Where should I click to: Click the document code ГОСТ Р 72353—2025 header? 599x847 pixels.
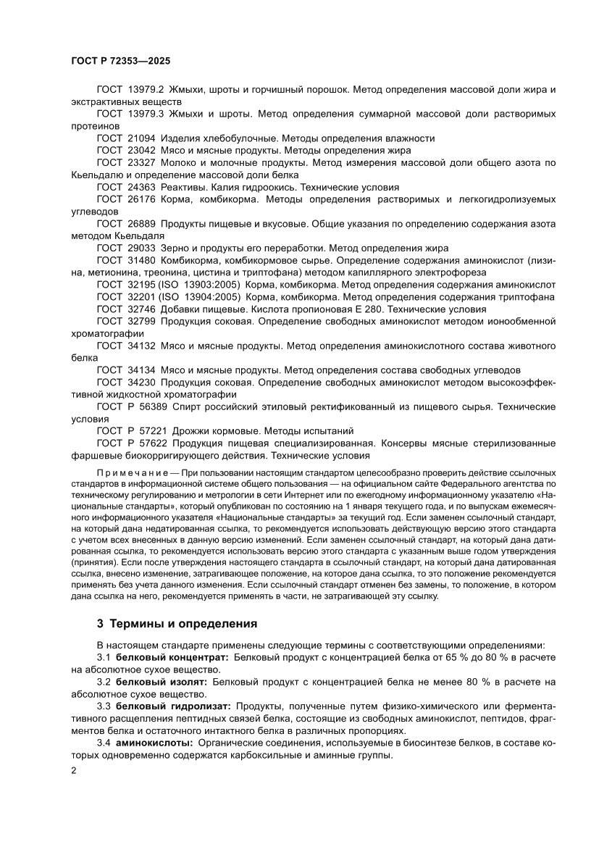point(120,62)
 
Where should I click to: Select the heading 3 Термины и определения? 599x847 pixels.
point(172,622)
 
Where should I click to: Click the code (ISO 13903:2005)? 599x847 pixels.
point(201,284)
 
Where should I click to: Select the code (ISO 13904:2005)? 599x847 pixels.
point(201,296)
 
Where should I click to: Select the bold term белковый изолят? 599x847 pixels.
point(162,681)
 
